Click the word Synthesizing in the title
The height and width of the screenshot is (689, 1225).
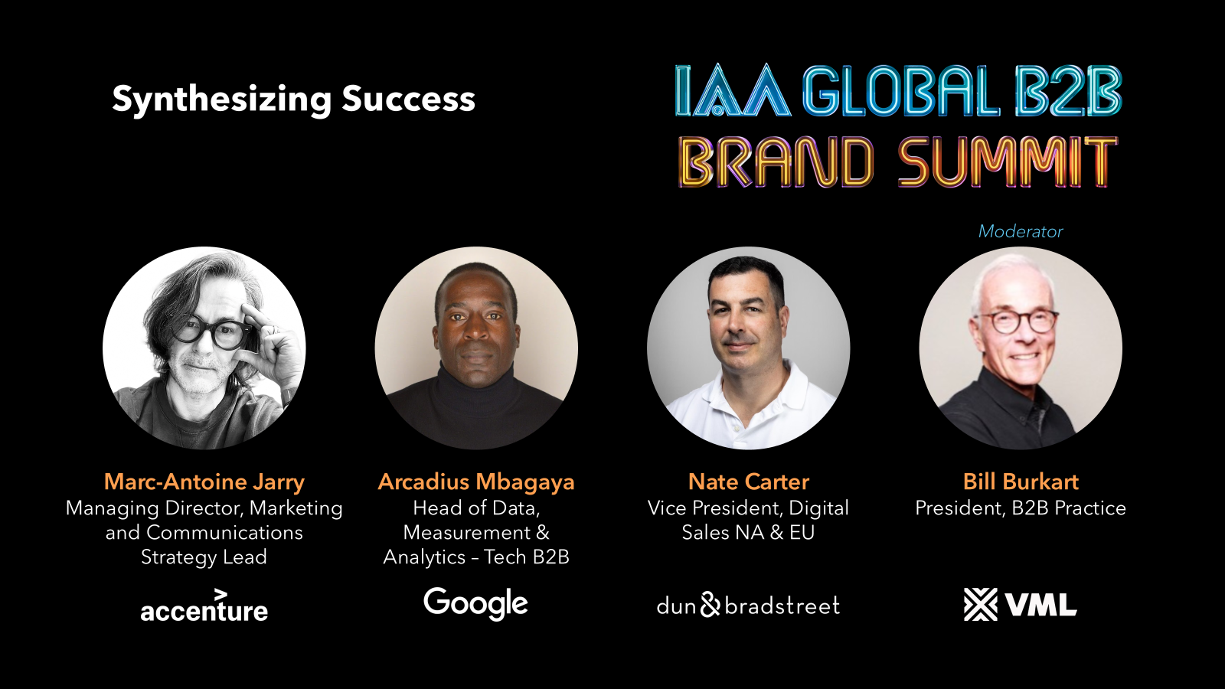(221, 100)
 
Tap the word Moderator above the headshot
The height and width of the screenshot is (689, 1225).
(1021, 231)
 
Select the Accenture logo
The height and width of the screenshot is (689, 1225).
(204, 606)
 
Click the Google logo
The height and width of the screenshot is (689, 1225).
(475, 604)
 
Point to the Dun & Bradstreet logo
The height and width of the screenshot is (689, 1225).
(748, 605)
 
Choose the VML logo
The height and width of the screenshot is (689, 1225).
(1021, 604)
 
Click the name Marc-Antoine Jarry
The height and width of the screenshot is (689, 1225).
(204, 482)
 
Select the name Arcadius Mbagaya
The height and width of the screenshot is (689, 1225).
(476, 482)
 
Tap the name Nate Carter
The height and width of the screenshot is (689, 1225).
(748, 482)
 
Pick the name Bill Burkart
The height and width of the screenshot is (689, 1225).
(1021, 482)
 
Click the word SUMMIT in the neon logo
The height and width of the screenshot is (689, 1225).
(1007, 162)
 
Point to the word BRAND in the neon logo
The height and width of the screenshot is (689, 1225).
(776, 162)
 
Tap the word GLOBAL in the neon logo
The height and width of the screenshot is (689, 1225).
(901, 91)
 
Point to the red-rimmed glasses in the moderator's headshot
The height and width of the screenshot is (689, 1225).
(1018, 322)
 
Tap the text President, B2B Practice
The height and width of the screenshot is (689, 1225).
(1021, 508)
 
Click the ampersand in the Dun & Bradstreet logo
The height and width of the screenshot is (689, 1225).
(710, 604)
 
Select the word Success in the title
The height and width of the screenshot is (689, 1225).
(409, 99)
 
